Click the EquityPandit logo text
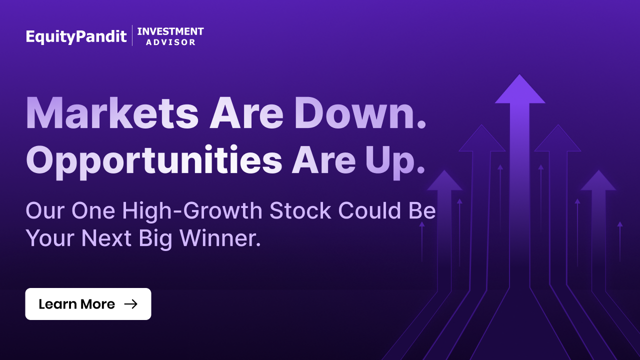pos(76,36)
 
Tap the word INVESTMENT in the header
pos(170,31)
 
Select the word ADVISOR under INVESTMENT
pos(171,42)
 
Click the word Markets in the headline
pos(112,113)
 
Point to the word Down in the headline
pos(354,113)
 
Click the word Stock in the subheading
pos(300,211)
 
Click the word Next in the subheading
pos(106,238)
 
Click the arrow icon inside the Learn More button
pos(131,304)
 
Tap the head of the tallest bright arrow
pos(520,89)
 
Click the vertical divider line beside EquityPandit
pos(132,35)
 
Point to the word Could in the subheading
pos(369,211)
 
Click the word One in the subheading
pos(93,211)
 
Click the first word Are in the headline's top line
pos(246,113)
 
